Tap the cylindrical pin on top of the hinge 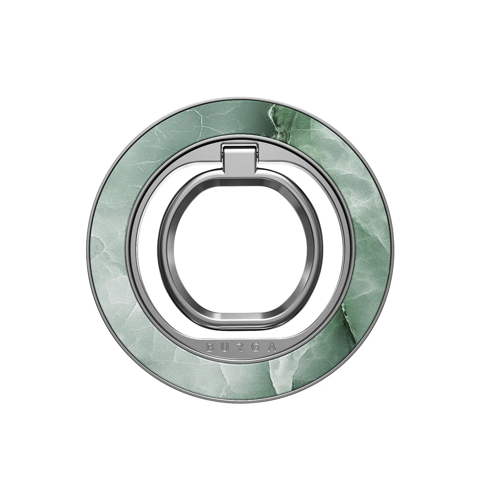[x=239, y=150]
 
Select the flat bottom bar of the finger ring [x=240, y=324]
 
